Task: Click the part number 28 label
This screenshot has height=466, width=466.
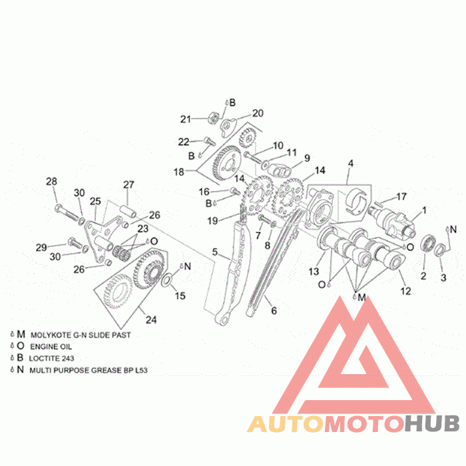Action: (51, 181)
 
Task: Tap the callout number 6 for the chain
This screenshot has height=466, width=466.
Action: (274, 311)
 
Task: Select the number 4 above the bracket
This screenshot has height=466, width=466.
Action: (351, 164)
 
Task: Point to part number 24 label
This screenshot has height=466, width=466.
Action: (151, 320)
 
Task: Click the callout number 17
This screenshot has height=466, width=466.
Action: (401, 196)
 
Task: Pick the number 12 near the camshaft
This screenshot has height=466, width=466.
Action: (405, 291)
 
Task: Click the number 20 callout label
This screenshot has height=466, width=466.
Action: (258, 113)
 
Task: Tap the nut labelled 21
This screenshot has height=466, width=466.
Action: (213, 118)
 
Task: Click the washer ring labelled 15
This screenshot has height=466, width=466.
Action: (166, 280)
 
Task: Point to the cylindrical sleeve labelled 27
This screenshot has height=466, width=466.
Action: (128, 210)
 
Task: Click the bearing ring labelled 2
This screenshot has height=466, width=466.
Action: (428, 242)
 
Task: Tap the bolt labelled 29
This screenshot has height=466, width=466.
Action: (75, 243)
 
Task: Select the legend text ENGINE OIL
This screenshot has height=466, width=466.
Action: (51, 347)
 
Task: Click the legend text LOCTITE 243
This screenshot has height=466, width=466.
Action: (51, 358)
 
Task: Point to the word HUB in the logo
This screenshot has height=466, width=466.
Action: (433, 423)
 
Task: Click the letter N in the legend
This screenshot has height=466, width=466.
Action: (20, 369)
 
